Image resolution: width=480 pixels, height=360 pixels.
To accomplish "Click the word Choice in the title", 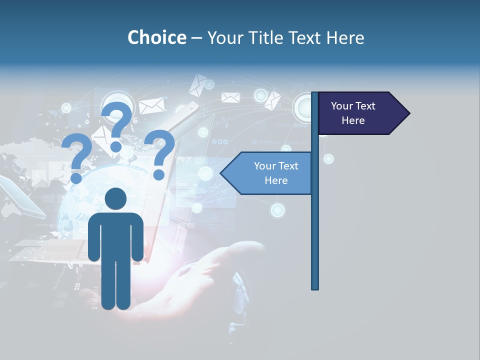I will click(156, 37).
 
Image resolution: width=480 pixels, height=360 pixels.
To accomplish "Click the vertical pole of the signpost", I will click(315, 225).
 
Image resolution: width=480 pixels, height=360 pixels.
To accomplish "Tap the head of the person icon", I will click(115, 198).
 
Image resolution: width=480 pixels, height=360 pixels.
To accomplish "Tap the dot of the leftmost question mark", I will click(76, 177).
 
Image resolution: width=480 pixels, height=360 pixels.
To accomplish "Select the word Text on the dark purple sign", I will click(365, 106).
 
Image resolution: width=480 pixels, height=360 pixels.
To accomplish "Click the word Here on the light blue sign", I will click(276, 180).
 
